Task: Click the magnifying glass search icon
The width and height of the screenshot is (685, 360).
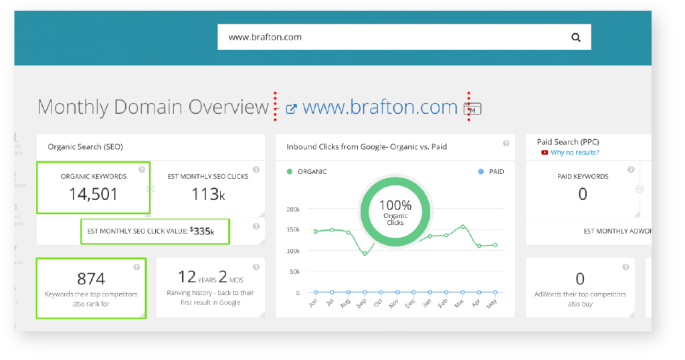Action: coord(576,37)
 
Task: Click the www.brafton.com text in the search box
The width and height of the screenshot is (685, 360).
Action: coord(265,37)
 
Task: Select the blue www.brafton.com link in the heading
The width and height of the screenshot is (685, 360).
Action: coord(380,107)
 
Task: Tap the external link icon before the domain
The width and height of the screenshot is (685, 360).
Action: coord(291,108)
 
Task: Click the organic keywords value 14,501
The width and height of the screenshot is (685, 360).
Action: coord(94,195)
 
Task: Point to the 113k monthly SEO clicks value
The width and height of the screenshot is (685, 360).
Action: coord(207,195)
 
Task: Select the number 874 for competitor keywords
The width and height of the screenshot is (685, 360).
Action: coord(91,278)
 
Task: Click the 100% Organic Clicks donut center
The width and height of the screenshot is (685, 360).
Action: coord(395,211)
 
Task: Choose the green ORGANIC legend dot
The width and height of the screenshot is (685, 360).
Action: coord(290,172)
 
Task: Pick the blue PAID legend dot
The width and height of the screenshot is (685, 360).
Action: coord(481,172)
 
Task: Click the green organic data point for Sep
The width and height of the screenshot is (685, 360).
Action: coord(365,254)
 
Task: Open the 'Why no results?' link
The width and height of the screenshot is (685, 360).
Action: coord(575,153)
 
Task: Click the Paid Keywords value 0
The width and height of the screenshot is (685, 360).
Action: coord(583,194)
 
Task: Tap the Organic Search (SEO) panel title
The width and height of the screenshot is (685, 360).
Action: coord(85,147)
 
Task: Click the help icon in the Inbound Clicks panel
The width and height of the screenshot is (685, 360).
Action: coord(506,143)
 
